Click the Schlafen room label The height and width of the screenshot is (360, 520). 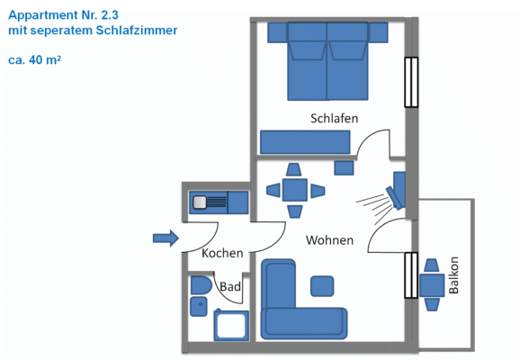click(335, 119)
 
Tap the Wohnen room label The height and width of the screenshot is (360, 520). click(329, 241)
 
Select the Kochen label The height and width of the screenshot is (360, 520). click(222, 254)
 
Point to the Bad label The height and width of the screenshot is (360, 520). click(230, 287)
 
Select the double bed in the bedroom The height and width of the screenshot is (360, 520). click(328, 61)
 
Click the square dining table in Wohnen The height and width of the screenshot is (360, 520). click(294, 190)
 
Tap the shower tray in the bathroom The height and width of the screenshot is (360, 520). click(230, 325)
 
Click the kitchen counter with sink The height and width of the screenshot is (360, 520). click(218, 202)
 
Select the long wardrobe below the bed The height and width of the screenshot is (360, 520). click(305, 142)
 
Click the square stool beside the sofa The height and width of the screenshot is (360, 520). click(322, 287)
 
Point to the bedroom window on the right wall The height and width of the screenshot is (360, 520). click(412, 83)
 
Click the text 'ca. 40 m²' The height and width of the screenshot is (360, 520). click(35, 61)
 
